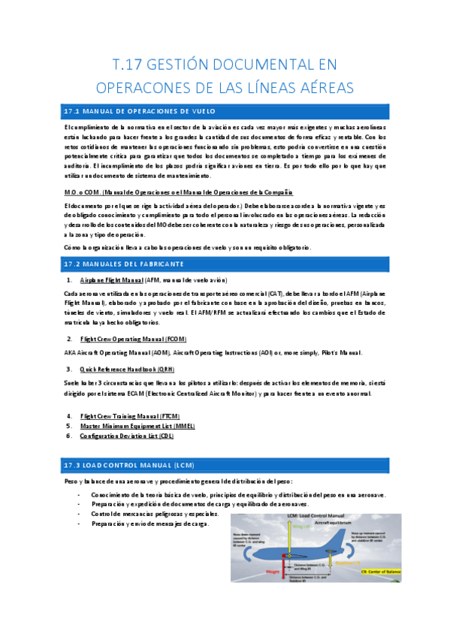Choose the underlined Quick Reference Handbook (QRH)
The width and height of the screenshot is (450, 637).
tap(127, 369)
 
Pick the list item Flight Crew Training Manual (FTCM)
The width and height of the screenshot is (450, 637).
tap(130, 415)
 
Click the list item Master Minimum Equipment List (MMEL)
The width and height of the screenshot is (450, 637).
tap(137, 425)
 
